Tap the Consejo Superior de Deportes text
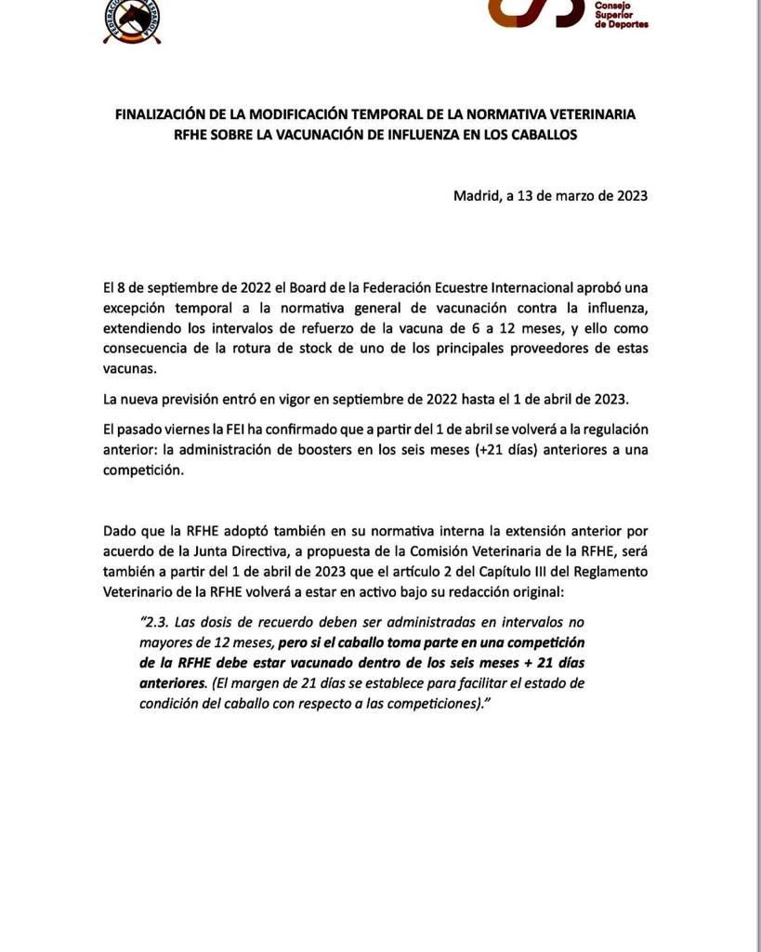pyautogui.click(x=620, y=13)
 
